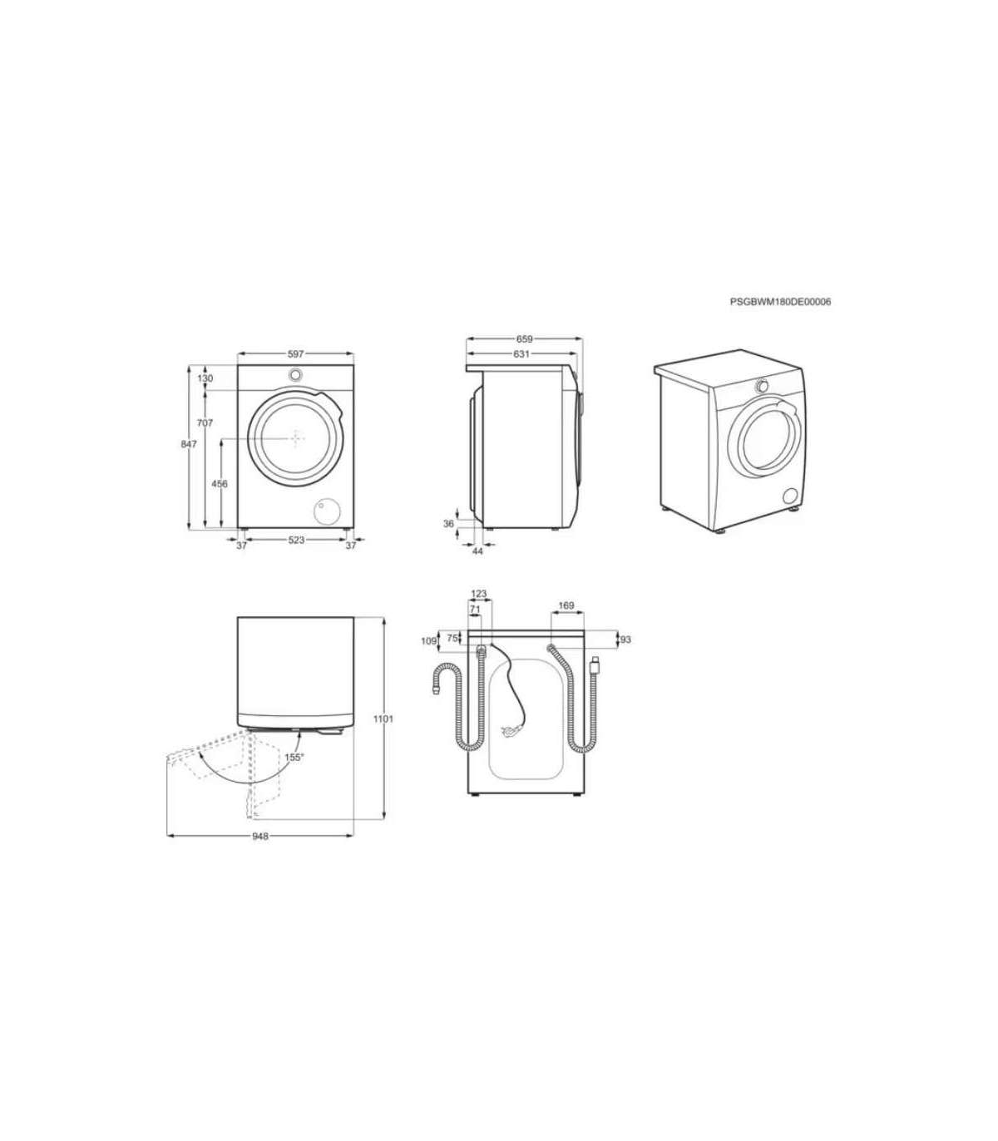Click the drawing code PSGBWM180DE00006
point(780,302)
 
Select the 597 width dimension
point(296,354)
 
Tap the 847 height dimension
point(189,444)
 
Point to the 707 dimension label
point(205,423)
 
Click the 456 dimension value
point(220,484)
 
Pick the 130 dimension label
point(205,378)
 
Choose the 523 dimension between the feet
point(297,540)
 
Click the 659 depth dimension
point(525,338)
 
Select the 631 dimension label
point(521,354)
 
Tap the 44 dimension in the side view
point(477,551)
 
